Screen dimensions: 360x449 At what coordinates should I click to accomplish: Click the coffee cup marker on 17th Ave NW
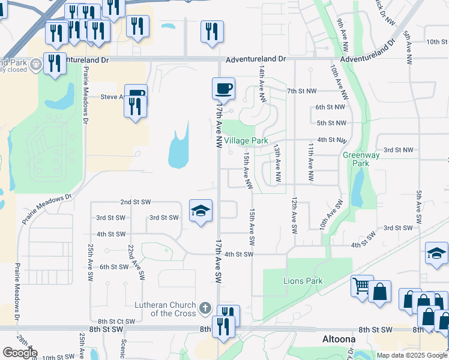pos(223,89)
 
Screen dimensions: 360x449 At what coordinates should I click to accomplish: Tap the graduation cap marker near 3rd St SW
pos(201,211)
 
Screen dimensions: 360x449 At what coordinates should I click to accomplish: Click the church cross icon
pos(205,309)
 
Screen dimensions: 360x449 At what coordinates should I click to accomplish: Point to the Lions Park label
pos(303,281)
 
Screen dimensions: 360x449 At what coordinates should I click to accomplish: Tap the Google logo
pos(20,352)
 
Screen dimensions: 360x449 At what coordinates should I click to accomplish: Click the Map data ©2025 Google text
pos(411,355)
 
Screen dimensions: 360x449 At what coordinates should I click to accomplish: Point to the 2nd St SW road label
pos(135,202)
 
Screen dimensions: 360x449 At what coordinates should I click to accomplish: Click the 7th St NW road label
pos(301,91)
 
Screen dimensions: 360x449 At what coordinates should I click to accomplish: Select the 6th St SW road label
pos(114,267)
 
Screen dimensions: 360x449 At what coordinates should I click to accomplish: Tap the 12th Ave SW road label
pos(294,215)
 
